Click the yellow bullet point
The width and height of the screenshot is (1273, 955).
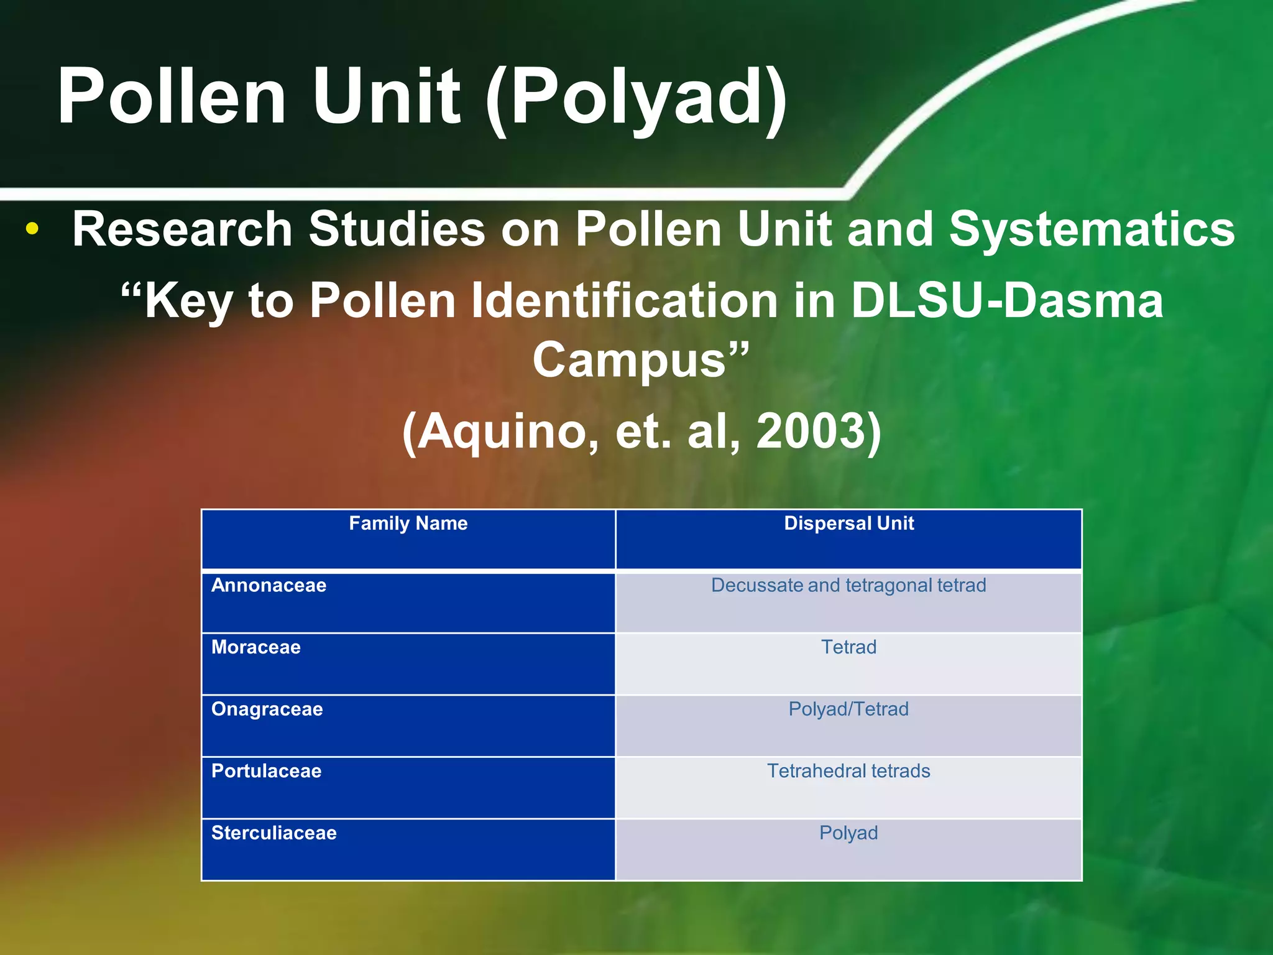(x=32, y=229)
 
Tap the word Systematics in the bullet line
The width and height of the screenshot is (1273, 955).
(x=1091, y=229)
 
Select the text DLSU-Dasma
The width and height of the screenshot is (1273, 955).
(x=1006, y=301)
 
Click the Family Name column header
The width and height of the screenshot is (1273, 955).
(x=408, y=524)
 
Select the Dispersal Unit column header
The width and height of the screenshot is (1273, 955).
(x=848, y=524)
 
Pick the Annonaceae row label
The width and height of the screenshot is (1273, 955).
(x=269, y=586)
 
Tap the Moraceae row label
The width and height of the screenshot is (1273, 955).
(x=256, y=647)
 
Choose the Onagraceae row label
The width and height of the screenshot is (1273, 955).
(x=267, y=709)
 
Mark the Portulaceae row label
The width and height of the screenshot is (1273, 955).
(x=267, y=771)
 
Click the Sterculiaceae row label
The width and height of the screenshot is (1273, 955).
(x=274, y=833)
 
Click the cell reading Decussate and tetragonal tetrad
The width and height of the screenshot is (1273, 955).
(x=848, y=586)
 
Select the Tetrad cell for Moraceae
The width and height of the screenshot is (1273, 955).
(x=848, y=647)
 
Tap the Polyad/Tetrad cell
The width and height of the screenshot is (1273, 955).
(x=848, y=709)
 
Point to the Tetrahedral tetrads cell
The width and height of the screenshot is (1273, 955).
(x=848, y=771)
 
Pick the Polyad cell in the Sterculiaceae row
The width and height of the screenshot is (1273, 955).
(x=848, y=833)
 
